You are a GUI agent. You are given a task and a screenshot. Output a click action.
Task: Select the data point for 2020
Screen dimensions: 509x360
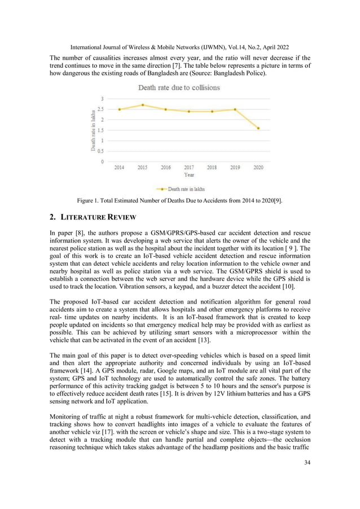tap(258, 128)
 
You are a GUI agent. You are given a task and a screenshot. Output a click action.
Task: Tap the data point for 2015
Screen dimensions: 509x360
tap(143, 105)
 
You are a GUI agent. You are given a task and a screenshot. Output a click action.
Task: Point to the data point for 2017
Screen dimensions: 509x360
tap(189, 111)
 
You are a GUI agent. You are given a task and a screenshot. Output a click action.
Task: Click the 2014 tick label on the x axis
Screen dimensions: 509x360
tap(120, 168)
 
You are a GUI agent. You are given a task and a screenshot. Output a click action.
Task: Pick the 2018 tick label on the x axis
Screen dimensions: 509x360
tap(212, 168)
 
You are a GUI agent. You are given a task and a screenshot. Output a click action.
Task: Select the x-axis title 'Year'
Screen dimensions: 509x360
tap(189, 175)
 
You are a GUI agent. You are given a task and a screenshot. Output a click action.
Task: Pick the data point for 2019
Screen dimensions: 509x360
tap(235, 109)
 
